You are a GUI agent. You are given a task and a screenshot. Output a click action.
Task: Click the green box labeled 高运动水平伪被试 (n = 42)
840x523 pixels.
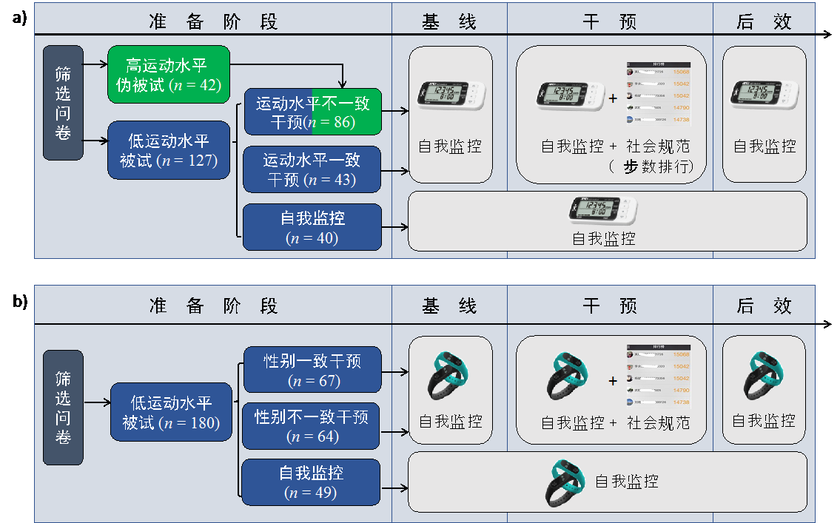pos(169,75)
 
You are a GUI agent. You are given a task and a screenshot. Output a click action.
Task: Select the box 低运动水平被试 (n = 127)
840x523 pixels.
pos(169,150)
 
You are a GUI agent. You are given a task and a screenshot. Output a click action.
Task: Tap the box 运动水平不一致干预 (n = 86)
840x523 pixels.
pos(312,112)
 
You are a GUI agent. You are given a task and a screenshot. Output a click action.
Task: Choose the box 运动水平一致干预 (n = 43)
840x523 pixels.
pos(312,169)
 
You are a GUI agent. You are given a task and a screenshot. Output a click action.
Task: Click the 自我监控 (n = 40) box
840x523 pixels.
pos(312,227)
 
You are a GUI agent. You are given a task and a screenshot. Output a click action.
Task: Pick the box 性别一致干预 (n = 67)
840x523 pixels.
pos(312,370)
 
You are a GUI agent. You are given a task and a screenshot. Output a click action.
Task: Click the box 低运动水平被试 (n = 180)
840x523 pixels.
pos(171,413)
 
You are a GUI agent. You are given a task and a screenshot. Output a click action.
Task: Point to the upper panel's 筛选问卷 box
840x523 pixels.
pos(63,103)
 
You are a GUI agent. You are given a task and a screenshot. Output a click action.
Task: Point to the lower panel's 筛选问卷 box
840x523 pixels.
pos(63,408)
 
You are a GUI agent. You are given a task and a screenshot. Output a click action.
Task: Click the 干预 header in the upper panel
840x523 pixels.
pos(609,21)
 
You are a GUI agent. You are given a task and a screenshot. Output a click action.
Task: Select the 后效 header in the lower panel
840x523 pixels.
pos(764,306)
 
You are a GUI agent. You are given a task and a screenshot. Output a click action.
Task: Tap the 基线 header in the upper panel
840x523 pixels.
pos(449,21)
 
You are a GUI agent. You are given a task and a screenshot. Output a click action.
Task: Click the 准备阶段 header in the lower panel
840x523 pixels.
pos(213,306)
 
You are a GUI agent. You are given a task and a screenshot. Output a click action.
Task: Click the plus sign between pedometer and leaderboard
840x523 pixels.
pos(613,98)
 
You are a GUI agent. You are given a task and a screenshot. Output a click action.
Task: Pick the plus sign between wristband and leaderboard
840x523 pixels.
pos(613,382)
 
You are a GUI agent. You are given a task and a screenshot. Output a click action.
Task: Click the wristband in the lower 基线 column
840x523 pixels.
pos(450,375)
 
